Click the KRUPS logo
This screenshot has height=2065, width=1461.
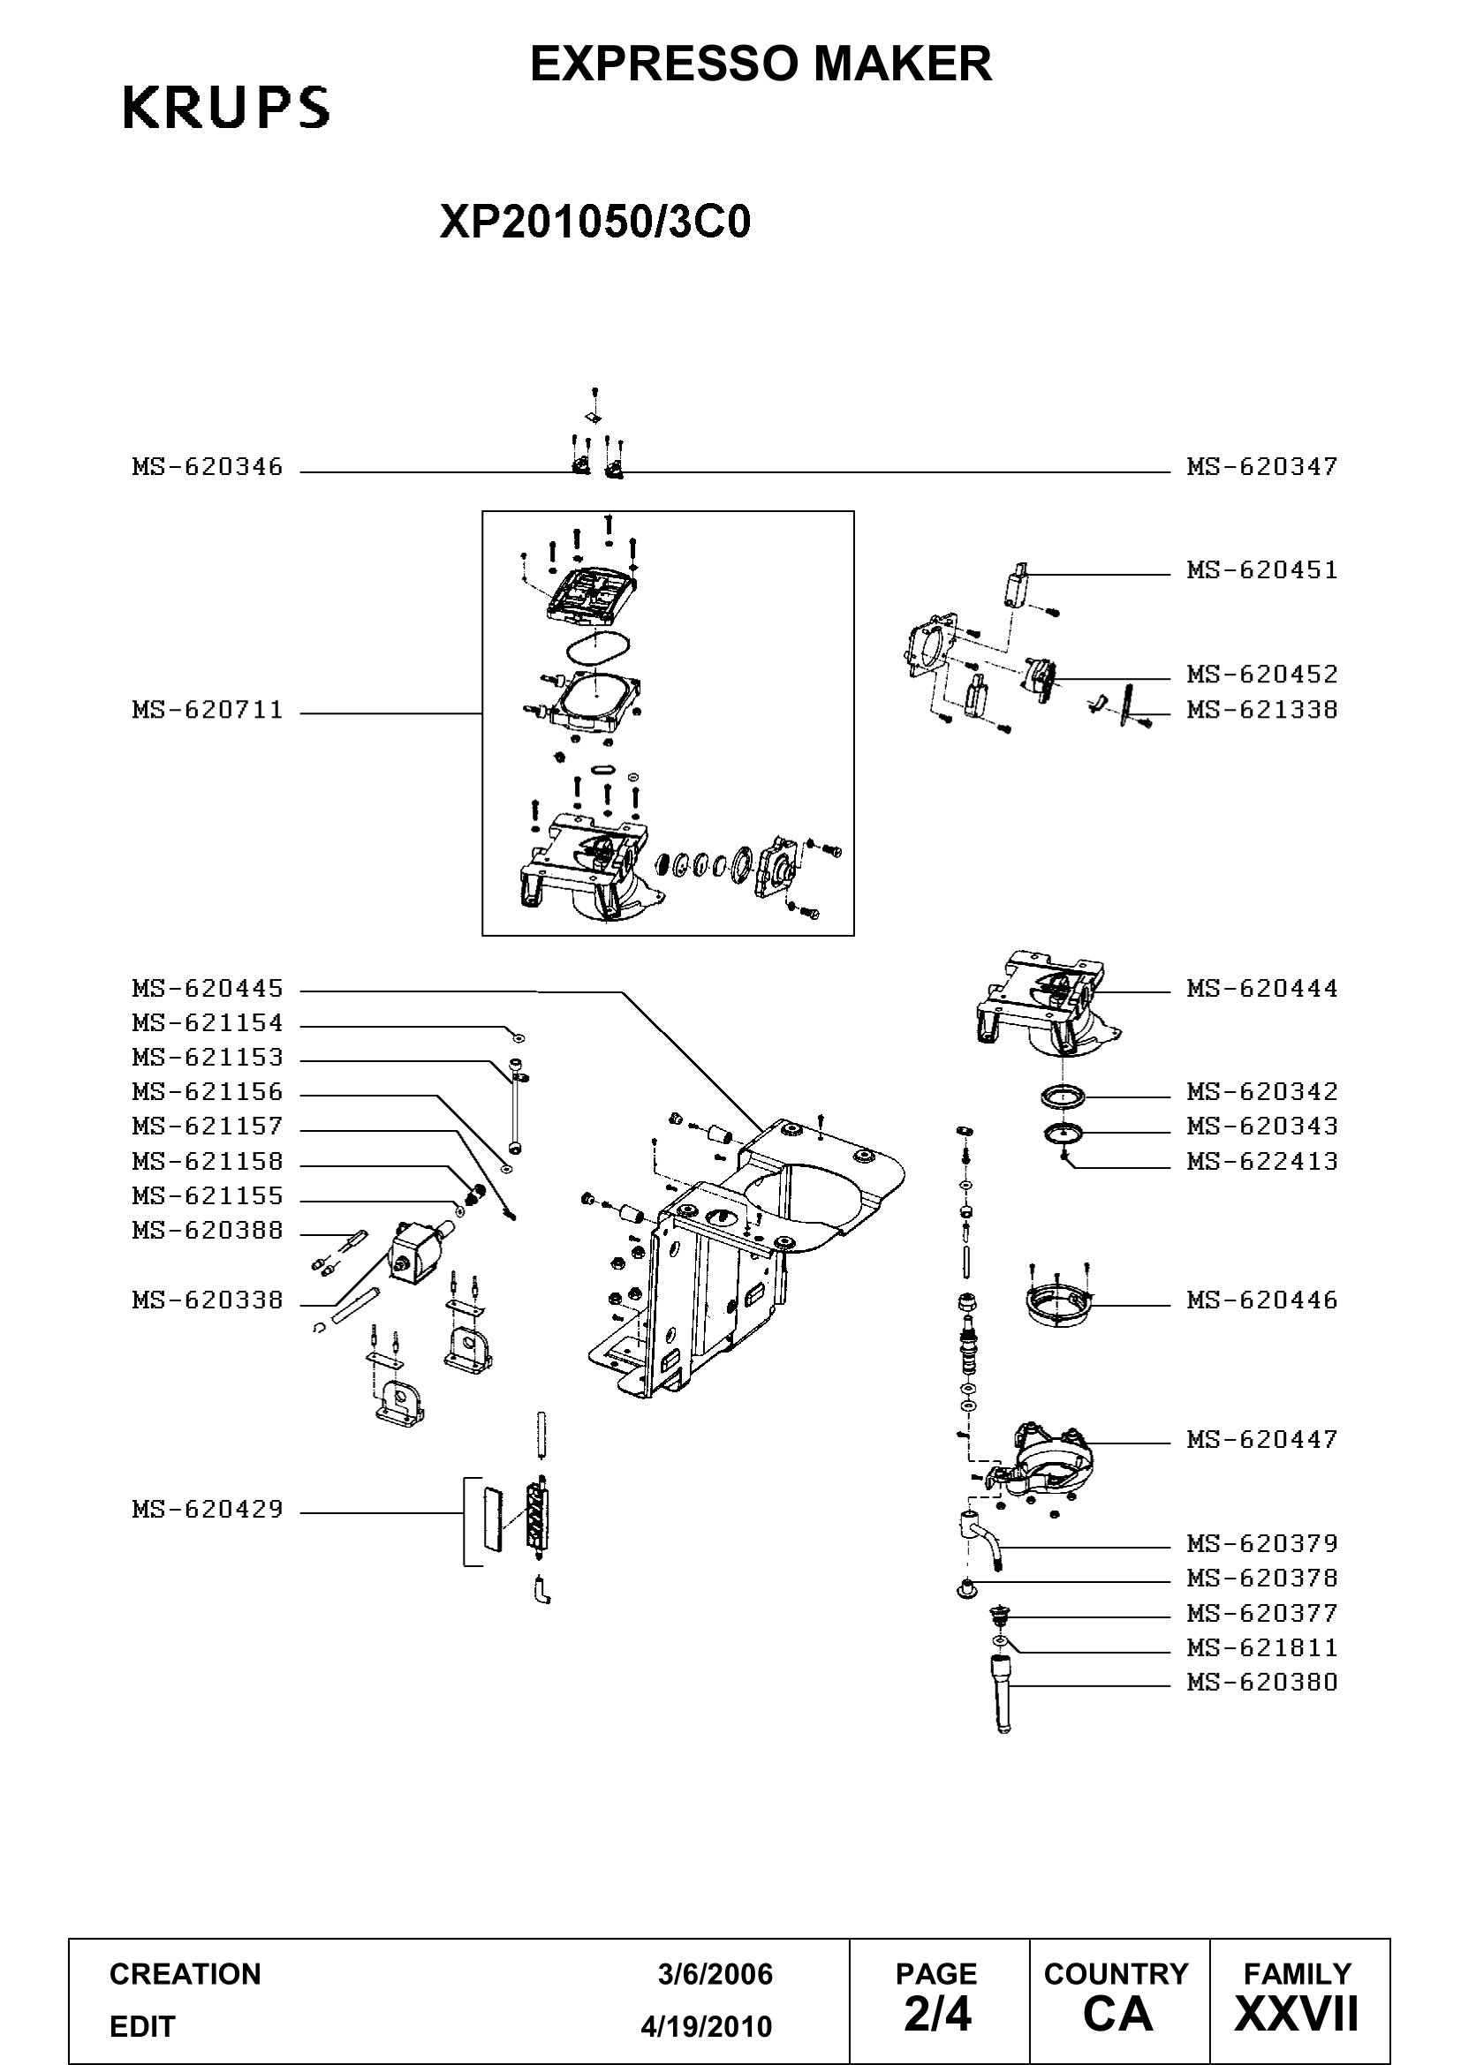click(x=226, y=108)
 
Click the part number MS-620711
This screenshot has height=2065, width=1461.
click(x=208, y=711)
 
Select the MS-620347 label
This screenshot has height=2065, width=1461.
click(x=1262, y=467)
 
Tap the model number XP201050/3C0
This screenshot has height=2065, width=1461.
click(x=594, y=222)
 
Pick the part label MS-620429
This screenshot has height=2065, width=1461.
click(x=208, y=1509)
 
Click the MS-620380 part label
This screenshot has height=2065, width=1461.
click(x=1262, y=1682)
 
